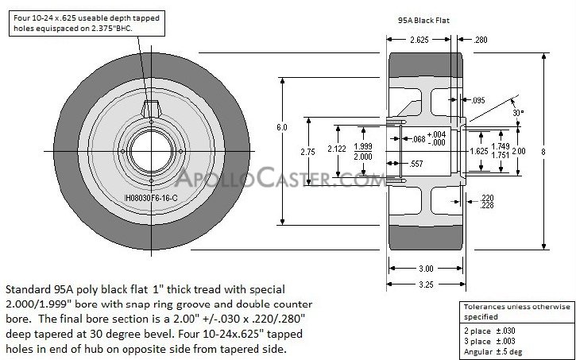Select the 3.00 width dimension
pos(425,268)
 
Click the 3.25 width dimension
pos(425,282)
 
